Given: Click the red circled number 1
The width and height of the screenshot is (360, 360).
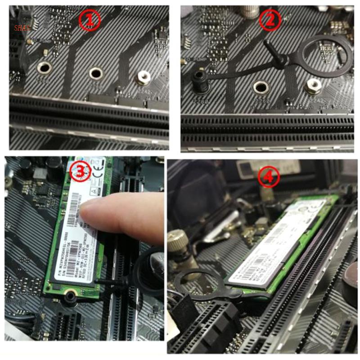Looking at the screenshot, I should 89,20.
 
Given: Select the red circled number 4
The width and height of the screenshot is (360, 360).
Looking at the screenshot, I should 269,177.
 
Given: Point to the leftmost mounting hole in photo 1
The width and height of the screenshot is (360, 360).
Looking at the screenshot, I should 44,68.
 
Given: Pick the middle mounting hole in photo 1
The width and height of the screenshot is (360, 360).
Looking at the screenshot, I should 96,73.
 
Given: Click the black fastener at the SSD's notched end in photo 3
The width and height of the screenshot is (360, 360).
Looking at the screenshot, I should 70,297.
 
